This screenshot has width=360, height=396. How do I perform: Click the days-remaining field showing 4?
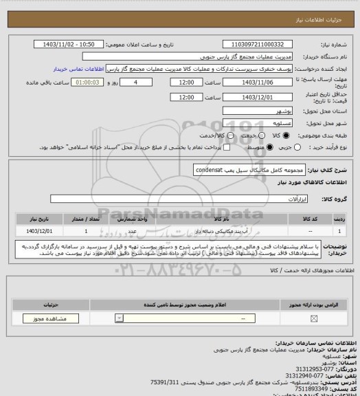pyautogui.click(x=142, y=83)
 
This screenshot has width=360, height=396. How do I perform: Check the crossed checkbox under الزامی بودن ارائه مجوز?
pyautogui.click(x=314, y=318)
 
